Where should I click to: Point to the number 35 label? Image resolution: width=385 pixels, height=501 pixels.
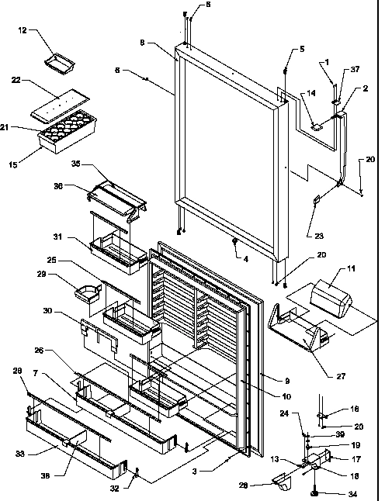coord(75,165)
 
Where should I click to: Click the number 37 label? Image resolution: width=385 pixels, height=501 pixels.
coord(356,69)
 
